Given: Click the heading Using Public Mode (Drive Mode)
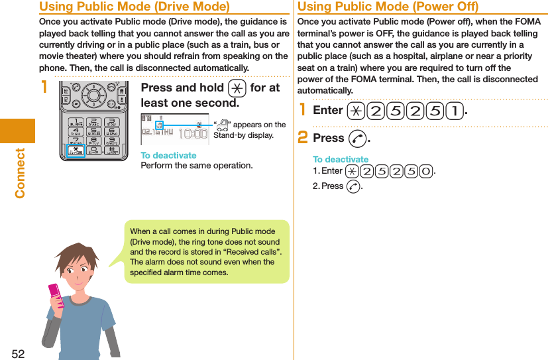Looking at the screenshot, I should coord(135,7).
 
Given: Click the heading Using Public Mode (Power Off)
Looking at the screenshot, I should coord(388,7).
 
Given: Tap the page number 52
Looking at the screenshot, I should coord(18,353).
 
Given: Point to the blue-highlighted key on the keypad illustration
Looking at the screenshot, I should coord(76,152).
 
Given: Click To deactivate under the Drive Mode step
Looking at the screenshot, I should coord(168,155).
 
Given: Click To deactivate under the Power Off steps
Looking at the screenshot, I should coord(340,160).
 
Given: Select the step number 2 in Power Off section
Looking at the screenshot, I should coord(303,139).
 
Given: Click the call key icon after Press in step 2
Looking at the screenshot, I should coord(356,139).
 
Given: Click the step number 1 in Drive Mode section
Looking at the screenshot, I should coord(44,88).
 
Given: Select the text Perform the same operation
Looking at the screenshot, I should coord(196,165).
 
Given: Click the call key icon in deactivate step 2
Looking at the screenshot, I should coord(353,186).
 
